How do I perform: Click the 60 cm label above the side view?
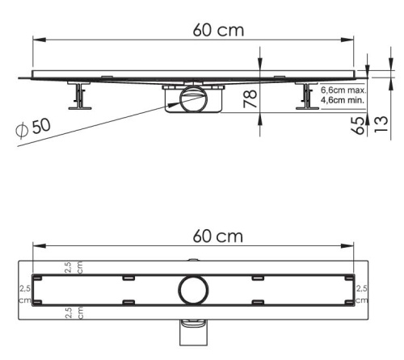tap(218, 30)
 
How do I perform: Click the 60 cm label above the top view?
tap(218, 236)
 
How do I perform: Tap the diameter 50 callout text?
tap(33, 128)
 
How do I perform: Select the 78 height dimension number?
tap(250, 98)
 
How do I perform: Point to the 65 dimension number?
tap(358, 126)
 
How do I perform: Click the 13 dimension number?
tap(381, 124)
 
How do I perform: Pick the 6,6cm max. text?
tap(343, 90)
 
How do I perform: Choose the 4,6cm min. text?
tap(343, 100)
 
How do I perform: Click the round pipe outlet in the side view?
tap(193, 99)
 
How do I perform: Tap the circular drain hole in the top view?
tap(193, 290)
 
